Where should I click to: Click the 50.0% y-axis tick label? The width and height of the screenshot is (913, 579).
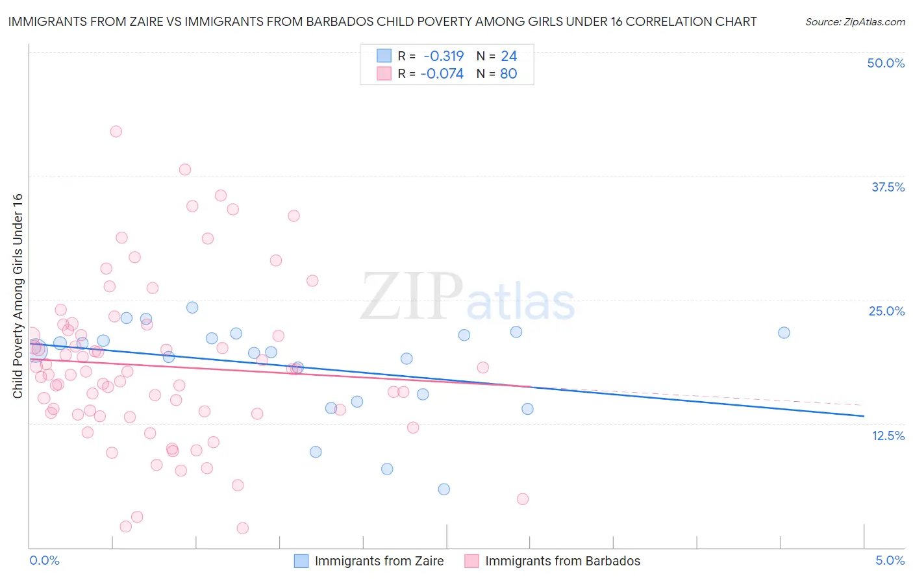[x=886, y=63]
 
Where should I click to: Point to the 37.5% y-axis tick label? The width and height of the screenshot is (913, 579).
[x=888, y=187]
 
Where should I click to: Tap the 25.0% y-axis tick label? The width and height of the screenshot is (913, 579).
[x=886, y=311]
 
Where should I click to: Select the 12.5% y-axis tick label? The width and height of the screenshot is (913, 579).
[x=888, y=436]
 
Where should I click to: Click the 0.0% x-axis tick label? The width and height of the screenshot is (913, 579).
[x=44, y=560]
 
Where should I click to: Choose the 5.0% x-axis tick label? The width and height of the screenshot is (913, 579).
[x=890, y=560]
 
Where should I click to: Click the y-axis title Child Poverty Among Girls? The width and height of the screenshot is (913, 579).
[x=18, y=296]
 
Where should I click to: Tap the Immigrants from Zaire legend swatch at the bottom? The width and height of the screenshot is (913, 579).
[x=301, y=561]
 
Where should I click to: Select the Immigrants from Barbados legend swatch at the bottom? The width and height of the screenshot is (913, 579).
[x=471, y=561]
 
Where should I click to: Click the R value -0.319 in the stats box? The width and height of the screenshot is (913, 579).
[x=444, y=56]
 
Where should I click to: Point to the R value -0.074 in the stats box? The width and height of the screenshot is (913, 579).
[x=442, y=73]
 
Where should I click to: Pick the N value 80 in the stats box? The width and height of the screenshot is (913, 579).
[x=508, y=73]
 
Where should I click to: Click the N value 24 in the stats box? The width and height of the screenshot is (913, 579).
[x=508, y=56]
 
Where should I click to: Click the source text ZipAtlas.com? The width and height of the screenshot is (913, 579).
[x=855, y=21]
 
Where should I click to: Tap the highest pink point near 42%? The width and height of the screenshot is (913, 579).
[x=116, y=131]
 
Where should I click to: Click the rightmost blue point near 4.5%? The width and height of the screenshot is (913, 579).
[x=784, y=332]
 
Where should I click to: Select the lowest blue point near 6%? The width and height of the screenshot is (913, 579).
[x=444, y=489]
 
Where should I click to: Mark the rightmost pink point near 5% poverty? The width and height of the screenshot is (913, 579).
[x=523, y=499]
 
